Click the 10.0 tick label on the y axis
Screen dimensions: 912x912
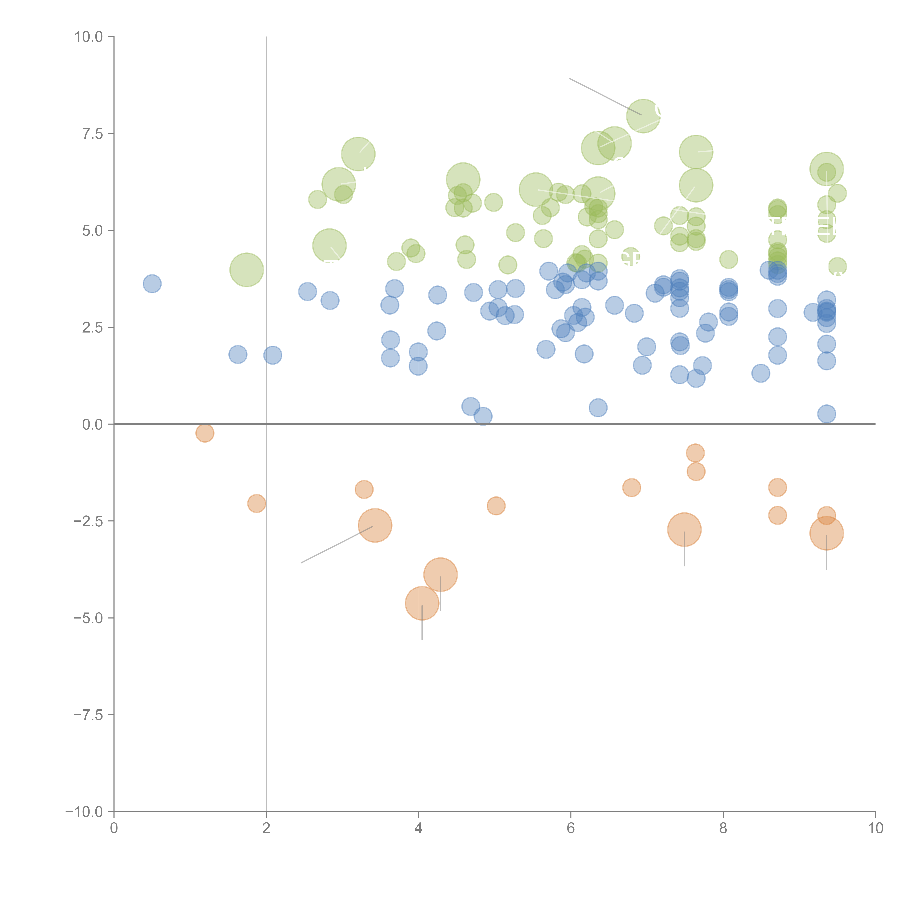89,37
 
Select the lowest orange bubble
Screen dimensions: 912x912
422,603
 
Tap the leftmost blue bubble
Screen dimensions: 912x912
152,284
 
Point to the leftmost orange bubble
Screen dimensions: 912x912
204,433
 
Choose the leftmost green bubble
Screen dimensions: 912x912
246,270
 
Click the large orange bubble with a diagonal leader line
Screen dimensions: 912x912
375,525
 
